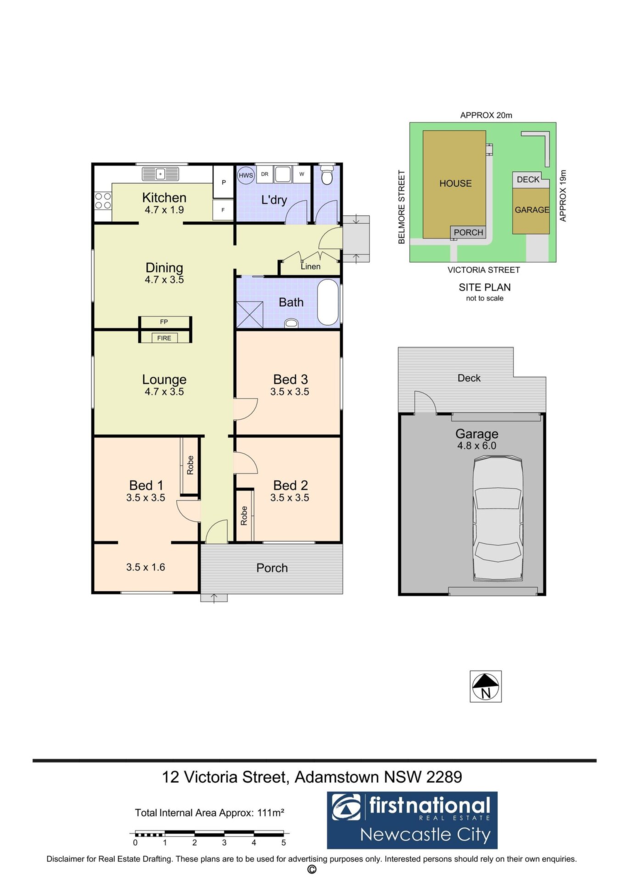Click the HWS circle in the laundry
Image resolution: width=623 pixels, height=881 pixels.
point(246,175)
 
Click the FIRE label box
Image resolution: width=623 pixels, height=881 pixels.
point(164,338)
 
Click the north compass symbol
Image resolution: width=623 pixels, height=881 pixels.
point(486,686)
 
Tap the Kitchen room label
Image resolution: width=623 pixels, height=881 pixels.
point(164,198)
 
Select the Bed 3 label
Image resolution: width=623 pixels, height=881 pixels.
point(290,379)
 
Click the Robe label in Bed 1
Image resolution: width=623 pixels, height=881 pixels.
point(190,465)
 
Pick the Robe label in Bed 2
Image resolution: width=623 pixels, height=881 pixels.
point(244,516)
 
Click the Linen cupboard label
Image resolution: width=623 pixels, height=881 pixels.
point(310,266)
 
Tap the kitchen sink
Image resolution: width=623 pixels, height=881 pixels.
point(160,173)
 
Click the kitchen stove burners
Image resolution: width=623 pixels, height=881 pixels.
point(103,201)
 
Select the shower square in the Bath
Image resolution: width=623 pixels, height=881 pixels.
point(249,314)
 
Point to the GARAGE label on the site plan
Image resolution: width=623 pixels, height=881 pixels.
point(532,210)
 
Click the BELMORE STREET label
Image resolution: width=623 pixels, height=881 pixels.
point(402,207)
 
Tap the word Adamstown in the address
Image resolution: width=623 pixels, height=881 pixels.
point(337,777)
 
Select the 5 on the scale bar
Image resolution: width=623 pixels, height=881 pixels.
point(284,842)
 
